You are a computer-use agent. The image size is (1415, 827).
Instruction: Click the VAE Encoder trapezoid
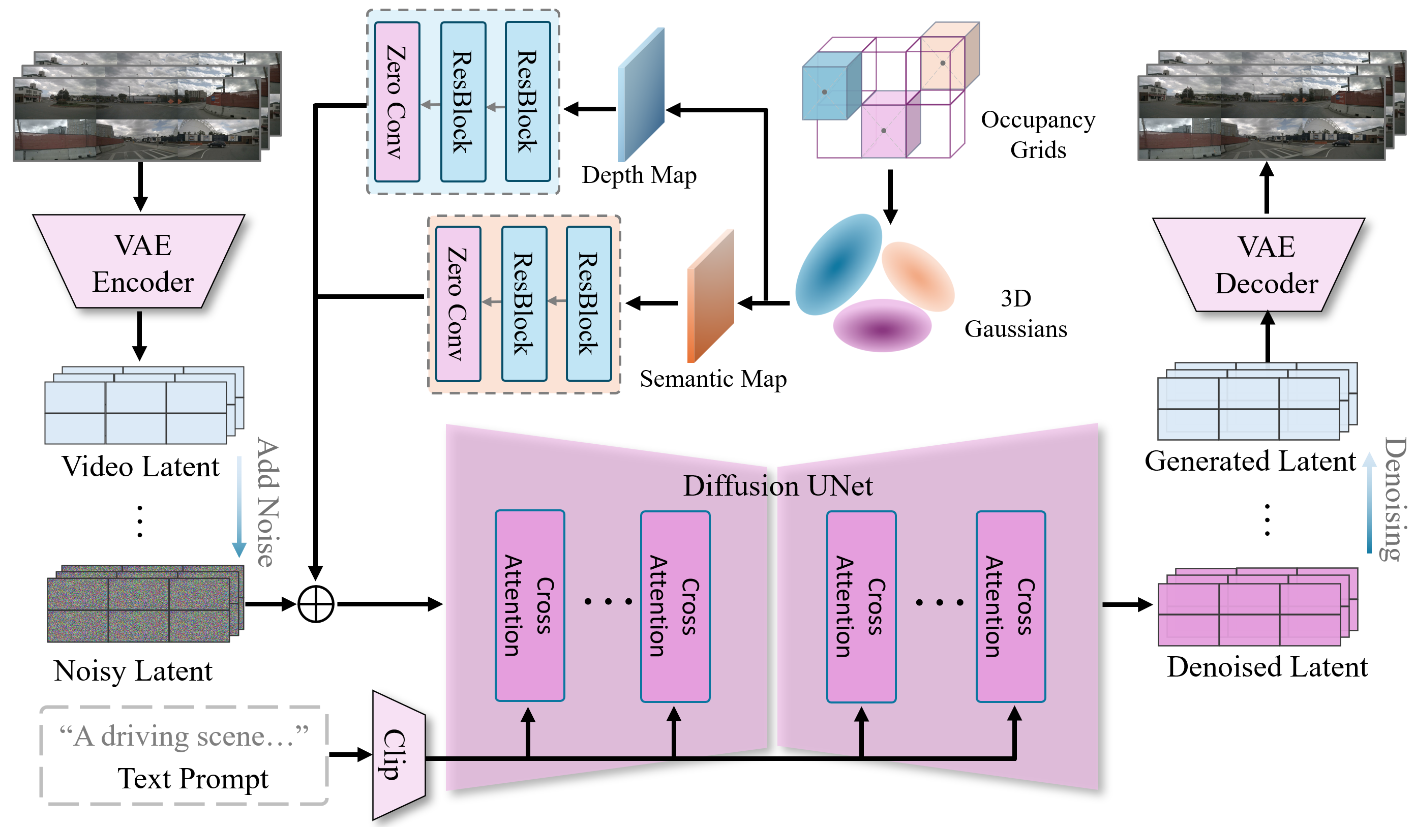coord(139,261)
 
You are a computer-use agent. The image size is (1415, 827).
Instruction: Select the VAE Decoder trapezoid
coord(1258,264)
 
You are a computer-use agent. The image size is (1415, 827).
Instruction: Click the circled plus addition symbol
coord(316,604)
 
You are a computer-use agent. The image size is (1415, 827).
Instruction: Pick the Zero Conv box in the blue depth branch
coord(397,102)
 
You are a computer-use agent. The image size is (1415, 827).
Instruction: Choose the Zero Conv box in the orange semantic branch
coord(458,304)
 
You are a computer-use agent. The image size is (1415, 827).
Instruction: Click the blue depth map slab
coord(641,95)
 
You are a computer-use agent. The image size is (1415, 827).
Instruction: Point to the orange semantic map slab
coord(710,296)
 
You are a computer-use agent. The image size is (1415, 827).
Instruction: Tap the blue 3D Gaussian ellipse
coord(839,264)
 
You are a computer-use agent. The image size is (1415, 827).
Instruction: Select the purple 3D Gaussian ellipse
coord(882,325)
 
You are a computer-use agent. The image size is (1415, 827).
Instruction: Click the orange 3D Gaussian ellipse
coord(918,276)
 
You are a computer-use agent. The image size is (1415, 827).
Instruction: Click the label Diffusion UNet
coord(778,485)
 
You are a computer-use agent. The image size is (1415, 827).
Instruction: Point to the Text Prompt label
coord(193,779)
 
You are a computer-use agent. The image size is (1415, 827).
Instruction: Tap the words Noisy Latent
coord(133,671)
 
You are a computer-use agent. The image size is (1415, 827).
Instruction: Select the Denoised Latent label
coord(1268,667)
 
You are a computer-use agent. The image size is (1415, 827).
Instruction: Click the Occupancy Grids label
coord(1038,135)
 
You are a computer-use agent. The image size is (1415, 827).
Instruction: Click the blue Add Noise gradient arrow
coord(239,506)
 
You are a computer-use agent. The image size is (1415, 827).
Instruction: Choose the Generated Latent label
coord(1250,462)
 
